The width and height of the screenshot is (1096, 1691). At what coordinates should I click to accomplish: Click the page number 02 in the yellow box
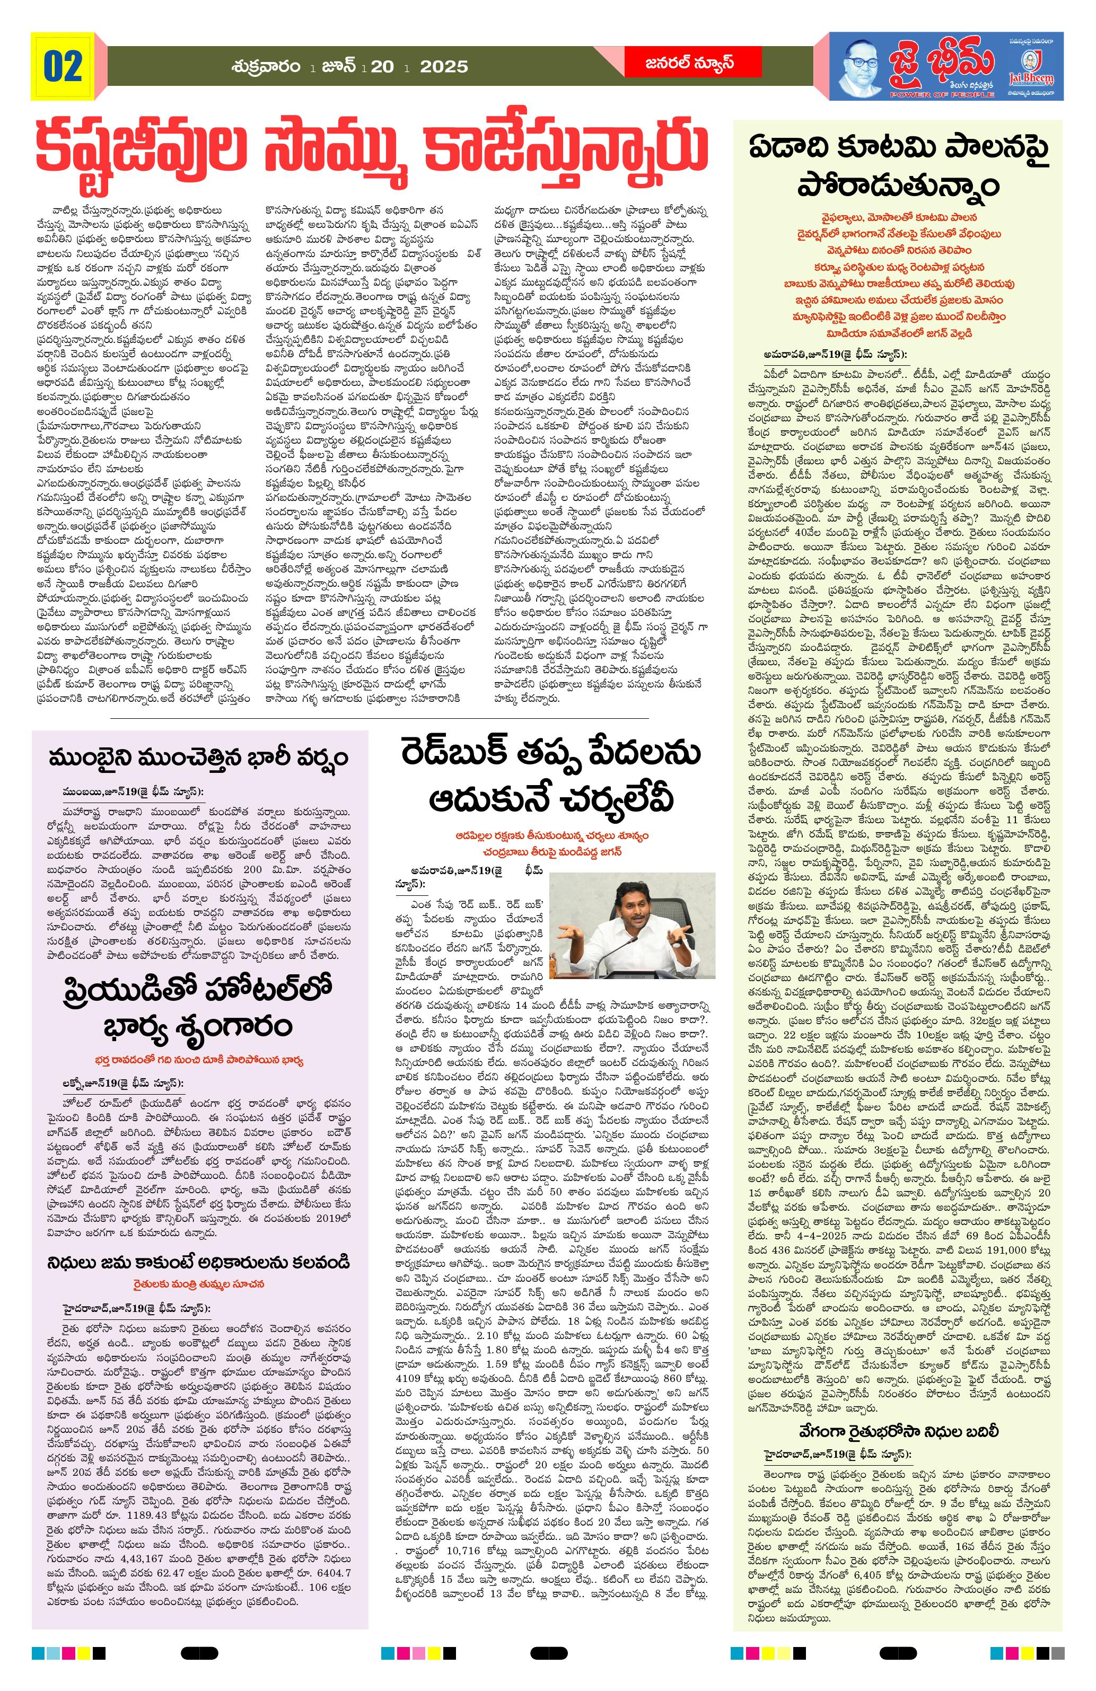click(63, 66)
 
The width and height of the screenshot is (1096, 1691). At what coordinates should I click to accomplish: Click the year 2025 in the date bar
click(443, 67)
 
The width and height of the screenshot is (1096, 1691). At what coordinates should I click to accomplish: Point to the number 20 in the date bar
click(382, 67)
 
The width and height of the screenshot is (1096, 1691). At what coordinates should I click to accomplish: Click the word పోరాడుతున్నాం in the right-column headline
click(898, 186)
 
